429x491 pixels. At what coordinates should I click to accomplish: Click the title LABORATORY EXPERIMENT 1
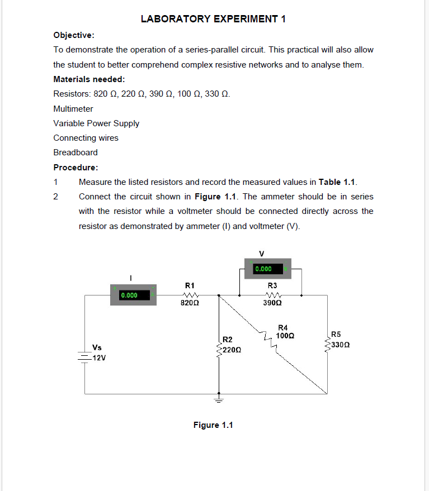click(x=213, y=19)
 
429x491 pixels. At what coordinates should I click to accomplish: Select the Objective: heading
click(x=73, y=35)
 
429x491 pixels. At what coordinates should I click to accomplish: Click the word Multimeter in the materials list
click(x=73, y=108)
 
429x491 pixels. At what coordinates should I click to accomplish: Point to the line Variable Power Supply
click(x=96, y=123)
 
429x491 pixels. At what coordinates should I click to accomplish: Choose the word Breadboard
click(x=76, y=152)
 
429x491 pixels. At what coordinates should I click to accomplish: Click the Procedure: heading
click(x=76, y=167)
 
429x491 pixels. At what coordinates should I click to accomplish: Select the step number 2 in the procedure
click(x=55, y=197)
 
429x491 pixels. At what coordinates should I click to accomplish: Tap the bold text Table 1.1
click(x=337, y=182)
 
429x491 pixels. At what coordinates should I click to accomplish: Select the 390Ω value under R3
click(x=272, y=303)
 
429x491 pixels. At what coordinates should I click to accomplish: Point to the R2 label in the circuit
click(x=228, y=339)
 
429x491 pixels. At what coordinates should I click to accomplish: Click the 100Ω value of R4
click(x=285, y=336)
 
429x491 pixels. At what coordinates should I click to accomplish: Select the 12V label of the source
click(x=100, y=358)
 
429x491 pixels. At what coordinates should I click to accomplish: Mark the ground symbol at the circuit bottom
click(x=219, y=400)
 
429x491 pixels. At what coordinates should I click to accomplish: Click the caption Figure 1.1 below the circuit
click(x=213, y=425)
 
